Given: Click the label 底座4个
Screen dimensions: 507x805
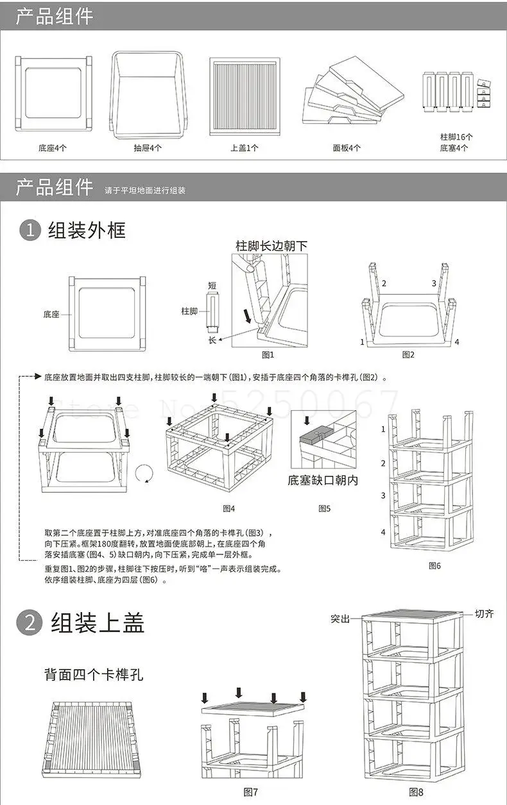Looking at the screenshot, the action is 52,148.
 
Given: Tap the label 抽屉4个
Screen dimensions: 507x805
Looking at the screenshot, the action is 148,148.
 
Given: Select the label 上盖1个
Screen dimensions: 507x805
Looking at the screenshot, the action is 245,148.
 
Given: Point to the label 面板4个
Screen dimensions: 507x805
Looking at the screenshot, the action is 347,148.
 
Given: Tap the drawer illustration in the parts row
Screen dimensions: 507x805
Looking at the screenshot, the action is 147,92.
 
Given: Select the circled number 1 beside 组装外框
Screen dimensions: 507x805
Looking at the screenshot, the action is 30,230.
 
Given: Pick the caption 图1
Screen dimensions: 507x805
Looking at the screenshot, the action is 268,354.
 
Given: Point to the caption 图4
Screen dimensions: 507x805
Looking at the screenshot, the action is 228,508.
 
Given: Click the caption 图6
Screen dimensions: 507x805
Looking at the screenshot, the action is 434,566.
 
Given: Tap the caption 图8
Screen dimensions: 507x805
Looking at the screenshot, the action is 411,792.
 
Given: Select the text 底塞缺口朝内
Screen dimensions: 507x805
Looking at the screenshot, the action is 322,479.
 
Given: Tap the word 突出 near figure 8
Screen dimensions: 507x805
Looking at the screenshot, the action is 340,619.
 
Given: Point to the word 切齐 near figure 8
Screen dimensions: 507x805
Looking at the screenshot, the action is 484,614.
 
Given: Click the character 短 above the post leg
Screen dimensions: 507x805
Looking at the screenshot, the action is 212,285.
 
